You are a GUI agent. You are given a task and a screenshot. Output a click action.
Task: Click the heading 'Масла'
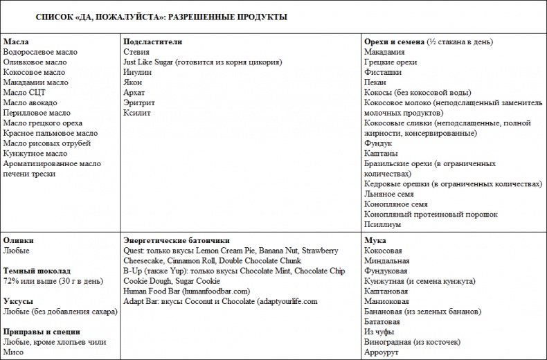[x=16, y=42]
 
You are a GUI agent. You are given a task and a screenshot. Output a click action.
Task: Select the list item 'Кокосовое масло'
[x=34, y=72]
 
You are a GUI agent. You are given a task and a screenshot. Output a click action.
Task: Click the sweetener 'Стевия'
[x=136, y=52]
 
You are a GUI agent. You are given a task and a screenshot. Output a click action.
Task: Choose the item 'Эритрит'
[x=139, y=102]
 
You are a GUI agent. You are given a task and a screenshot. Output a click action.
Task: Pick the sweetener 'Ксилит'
[x=136, y=113]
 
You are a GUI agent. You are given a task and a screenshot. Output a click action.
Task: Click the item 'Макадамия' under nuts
[x=385, y=52]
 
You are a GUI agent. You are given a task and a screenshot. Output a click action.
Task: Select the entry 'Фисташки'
[x=382, y=72]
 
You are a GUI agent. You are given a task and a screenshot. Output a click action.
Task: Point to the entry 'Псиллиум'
[x=382, y=224]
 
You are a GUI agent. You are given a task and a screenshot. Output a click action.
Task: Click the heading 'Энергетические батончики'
[x=176, y=240]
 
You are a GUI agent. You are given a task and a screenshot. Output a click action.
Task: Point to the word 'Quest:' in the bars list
[x=135, y=251]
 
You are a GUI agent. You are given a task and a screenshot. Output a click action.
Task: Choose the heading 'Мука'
[x=375, y=240]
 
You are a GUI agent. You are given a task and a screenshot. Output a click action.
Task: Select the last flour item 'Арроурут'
[x=382, y=352]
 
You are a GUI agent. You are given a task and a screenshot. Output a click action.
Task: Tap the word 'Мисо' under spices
[x=14, y=352]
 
